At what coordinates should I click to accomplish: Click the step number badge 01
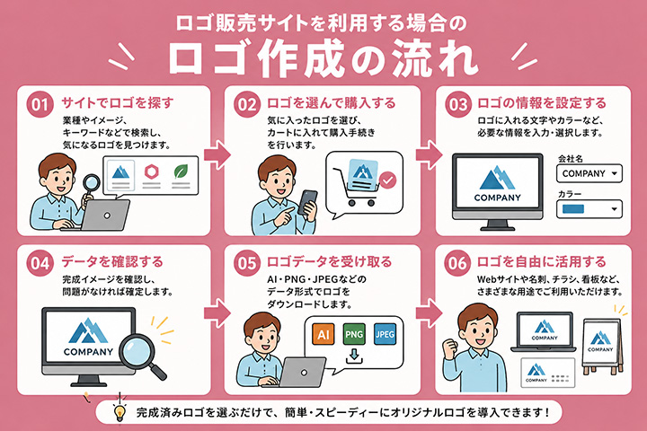[x=40, y=104]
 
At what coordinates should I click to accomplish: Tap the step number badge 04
[x=40, y=263]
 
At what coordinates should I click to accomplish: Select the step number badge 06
[x=457, y=263]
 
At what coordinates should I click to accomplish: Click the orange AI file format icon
[x=323, y=334]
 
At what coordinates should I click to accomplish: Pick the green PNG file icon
[x=354, y=334]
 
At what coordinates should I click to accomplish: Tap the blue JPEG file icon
[x=385, y=334]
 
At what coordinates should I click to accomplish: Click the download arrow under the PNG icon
[x=354, y=356]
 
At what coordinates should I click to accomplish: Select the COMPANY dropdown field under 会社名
[x=589, y=173]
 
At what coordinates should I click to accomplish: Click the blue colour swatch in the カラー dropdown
[x=573, y=208]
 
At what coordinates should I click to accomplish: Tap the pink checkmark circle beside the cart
[x=388, y=180]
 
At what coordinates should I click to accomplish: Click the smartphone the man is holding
[x=307, y=202]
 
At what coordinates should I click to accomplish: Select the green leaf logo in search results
[x=181, y=172]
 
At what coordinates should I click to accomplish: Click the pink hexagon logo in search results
[x=152, y=172]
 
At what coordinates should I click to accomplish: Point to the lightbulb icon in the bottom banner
[x=120, y=412]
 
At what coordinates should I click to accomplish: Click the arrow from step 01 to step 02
[x=217, y=154]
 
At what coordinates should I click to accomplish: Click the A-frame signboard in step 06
[x=601, y=347]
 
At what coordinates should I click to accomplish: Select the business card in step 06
[x=548, y=373]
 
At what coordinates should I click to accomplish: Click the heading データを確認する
[x=112, y=262]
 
